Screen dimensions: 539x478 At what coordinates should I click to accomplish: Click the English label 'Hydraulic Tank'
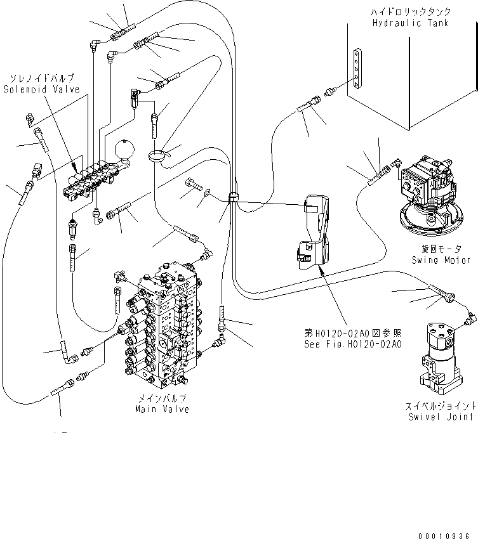pyautogui.click(x=411, y=23)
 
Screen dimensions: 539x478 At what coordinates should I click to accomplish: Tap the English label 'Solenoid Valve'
pyautogui.click(x=42, y=90)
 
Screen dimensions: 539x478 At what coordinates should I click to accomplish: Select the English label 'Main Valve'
pyautogui.click(x=162, y=410)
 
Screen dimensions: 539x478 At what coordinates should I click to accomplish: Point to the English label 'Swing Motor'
pyautogui.click(x=441, y=260)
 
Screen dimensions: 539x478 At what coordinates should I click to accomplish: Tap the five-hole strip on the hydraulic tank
pyautogui.click(x=360, y=70)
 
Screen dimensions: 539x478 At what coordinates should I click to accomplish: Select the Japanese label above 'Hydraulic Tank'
pyautogui.click(x=411, y=12)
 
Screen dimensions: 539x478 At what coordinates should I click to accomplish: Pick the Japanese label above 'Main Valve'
pyautogui.click(x=162, y=398)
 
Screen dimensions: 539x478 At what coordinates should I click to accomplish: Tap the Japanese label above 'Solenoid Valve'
pyautogui.click(x=42, y=79)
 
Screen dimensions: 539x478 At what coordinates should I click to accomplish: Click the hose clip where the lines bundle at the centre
pyautogui.click(x=232, y=197)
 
